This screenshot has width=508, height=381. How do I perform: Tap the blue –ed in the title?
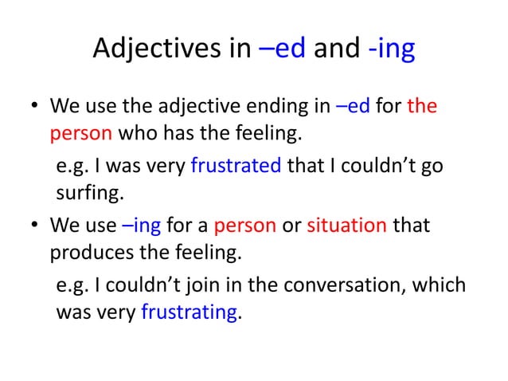pos(284,49)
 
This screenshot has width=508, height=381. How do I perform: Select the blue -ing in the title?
pos(391,49)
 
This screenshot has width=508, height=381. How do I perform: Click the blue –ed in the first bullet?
pos(353,106)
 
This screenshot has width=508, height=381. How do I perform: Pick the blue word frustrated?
pos(236,166)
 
